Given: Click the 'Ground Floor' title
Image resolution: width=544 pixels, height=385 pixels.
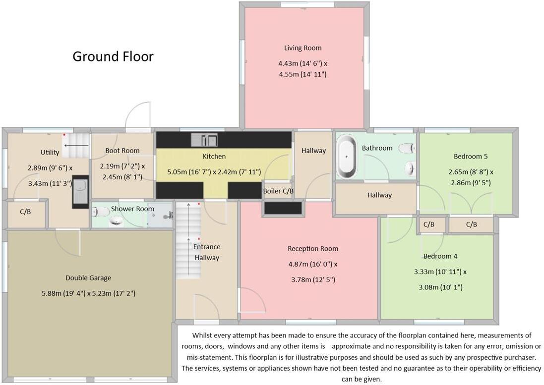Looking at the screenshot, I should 113,56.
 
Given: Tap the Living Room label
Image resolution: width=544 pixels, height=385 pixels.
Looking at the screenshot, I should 302,48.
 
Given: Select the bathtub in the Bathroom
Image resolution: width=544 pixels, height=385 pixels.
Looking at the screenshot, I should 347,157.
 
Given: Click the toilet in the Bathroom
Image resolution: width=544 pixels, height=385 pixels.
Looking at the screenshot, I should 407,148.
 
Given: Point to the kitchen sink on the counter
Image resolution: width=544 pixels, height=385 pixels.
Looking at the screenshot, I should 204,140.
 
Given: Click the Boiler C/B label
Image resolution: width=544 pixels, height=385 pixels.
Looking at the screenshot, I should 278,191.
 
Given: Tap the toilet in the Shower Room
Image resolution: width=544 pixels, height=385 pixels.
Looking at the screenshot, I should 102,212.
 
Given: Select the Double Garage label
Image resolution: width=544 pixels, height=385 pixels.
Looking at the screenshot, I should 88,278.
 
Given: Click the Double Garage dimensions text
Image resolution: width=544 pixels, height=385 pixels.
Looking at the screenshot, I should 88,293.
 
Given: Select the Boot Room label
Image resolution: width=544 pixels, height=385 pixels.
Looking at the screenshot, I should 122,151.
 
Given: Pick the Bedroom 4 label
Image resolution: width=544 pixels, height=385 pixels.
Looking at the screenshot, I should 440,256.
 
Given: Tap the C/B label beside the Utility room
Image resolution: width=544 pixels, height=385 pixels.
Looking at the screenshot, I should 25,212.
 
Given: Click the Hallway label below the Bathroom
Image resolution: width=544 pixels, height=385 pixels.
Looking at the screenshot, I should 379,195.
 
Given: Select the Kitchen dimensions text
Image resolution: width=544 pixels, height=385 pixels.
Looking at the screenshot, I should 214,172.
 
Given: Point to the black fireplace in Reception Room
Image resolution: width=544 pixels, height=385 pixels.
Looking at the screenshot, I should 283,209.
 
